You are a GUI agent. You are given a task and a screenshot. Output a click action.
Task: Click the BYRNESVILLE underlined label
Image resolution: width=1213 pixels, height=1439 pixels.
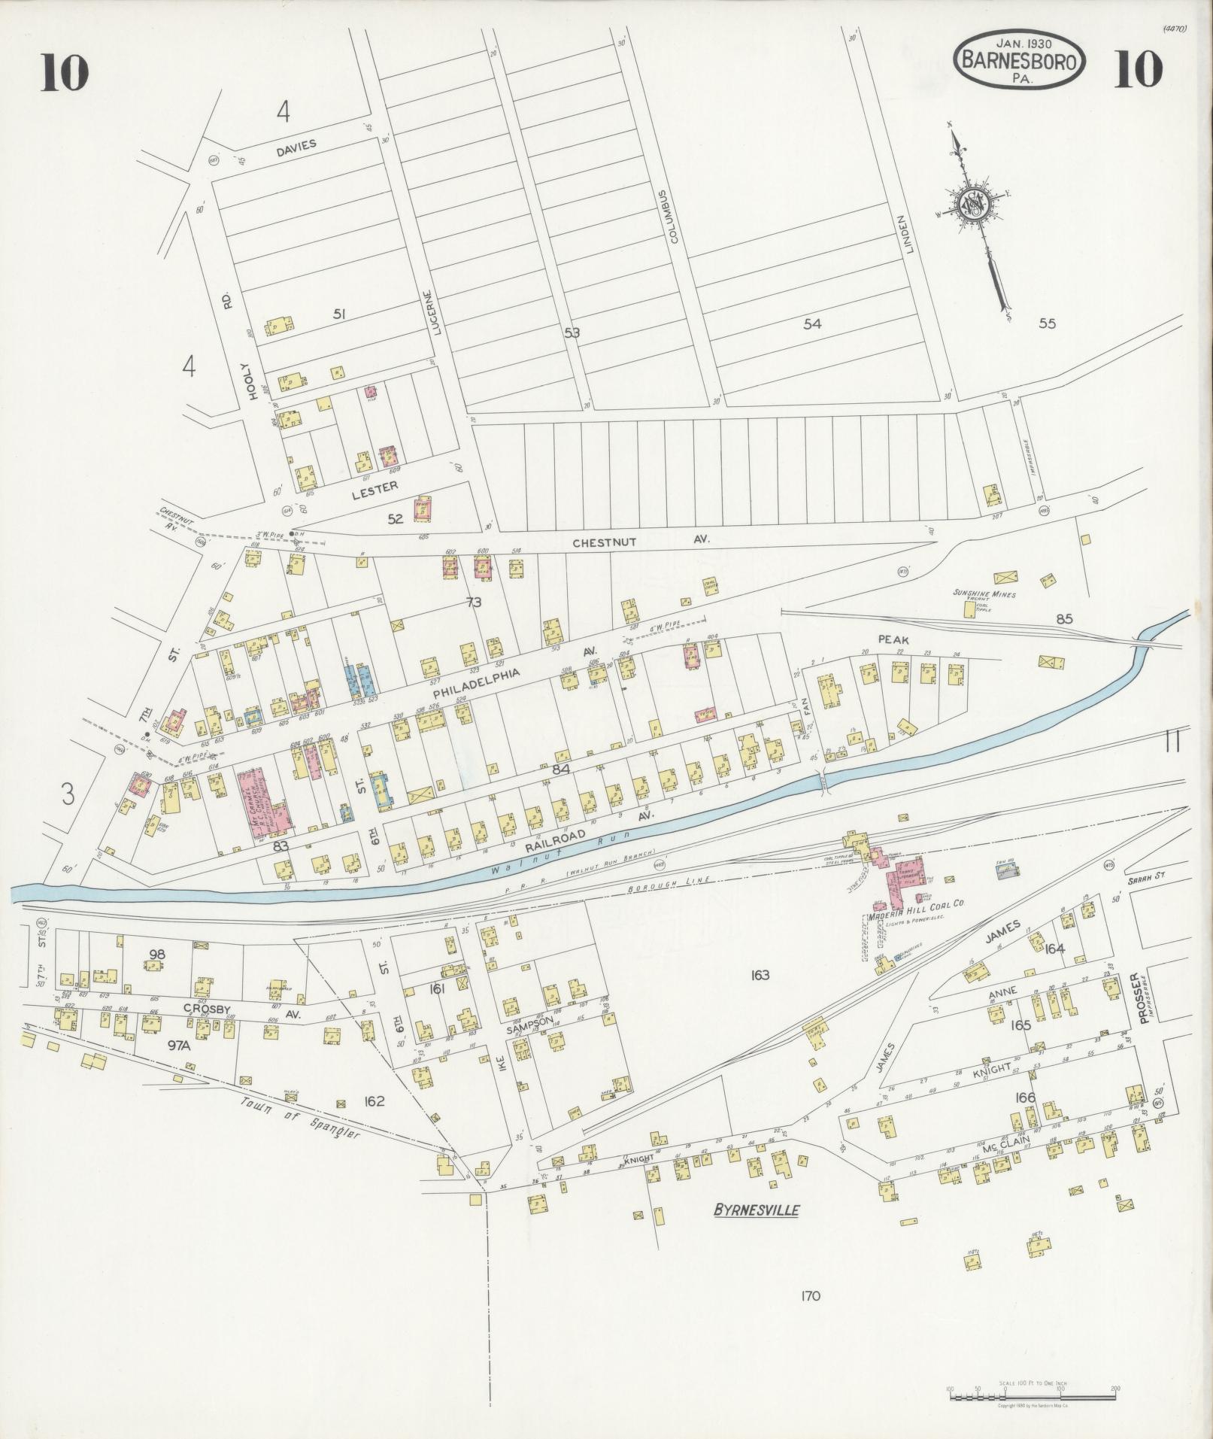pyautogui.click(x=756, y=1210)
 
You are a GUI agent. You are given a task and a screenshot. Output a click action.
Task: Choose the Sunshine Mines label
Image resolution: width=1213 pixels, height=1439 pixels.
pyautogui.click(x=984, y=594)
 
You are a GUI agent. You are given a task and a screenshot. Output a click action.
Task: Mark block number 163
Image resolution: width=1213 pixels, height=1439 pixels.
pyautogui.click(x=760, y=975)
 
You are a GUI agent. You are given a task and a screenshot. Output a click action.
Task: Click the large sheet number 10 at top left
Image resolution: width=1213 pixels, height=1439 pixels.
pyautogui.click(x=65, y=72)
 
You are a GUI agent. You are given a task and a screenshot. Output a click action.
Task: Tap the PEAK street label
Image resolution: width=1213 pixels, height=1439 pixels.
pyautogui.click(x=893, y=639)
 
